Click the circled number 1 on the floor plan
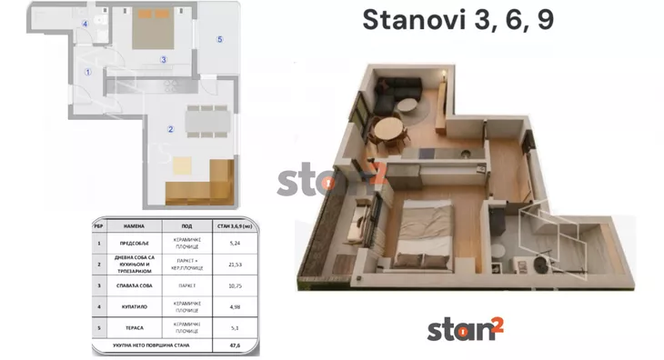[88, 72]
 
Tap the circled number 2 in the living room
[170, 129]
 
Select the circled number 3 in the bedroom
[164, 61]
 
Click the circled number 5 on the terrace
[219, 39]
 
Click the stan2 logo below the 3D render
[464, 328]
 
